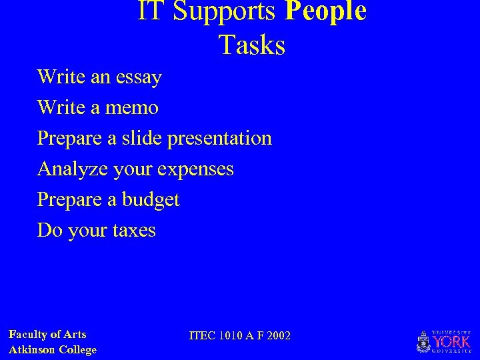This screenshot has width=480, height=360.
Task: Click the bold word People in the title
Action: click(x=325, y=11)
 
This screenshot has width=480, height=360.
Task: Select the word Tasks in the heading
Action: click(x=251, y=45)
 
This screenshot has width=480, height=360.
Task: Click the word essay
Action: click(x=138, y=77)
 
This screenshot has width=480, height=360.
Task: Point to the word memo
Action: click(x=136, y=107)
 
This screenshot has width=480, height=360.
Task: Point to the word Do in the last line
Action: click(x=49, y=231)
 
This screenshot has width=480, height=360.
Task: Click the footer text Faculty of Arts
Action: click(x=47, y=335)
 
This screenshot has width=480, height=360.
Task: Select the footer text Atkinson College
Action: click(x=53, y=350)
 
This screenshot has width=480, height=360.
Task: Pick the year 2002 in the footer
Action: click(x=278, y=335)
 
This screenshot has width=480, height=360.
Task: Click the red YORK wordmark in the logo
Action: click(x=451, y=341)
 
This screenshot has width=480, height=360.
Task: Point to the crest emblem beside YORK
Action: click(x=423, y=342)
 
